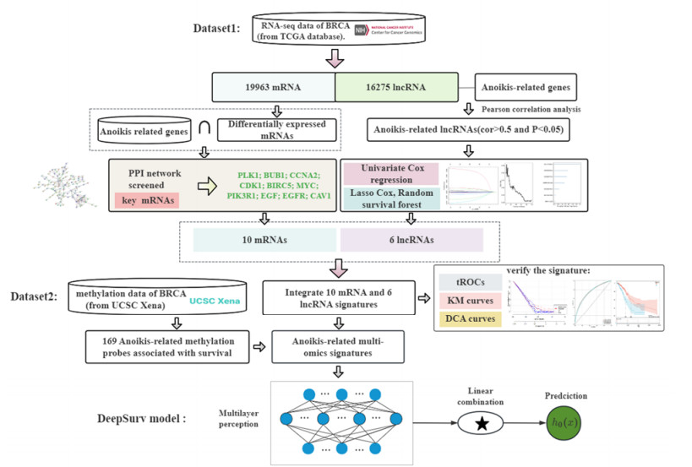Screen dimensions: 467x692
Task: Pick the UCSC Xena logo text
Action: (216, 301)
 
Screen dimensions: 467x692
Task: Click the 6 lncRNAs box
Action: (410, 239)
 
